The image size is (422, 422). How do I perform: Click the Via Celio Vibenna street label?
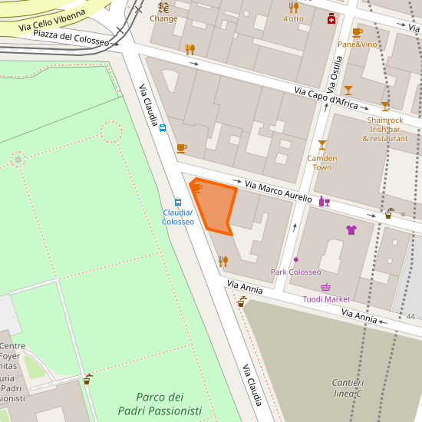(53, 20)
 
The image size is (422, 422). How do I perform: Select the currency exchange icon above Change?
(163, 8)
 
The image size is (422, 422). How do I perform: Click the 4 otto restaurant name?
(293, 18)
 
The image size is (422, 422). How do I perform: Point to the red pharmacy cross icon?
(331, 18)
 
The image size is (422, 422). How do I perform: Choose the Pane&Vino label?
(358, 45)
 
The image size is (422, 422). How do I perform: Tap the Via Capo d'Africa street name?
(327, 97)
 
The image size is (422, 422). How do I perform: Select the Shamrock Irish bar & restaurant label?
(384, 129)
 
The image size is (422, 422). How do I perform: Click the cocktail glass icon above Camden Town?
(321, 145)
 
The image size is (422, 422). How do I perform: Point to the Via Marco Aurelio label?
(278, 192)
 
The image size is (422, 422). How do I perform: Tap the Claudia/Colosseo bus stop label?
(177, 217)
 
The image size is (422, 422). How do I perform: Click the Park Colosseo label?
(295, 272)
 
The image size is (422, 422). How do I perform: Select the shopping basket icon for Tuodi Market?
(326, 288)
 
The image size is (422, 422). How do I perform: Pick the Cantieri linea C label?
(348, 387)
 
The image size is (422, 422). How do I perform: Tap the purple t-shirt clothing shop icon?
(351, 229)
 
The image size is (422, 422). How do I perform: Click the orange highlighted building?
(213, 206)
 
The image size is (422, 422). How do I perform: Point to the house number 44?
(410, 317)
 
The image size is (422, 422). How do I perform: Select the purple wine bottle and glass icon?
(324, 202)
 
